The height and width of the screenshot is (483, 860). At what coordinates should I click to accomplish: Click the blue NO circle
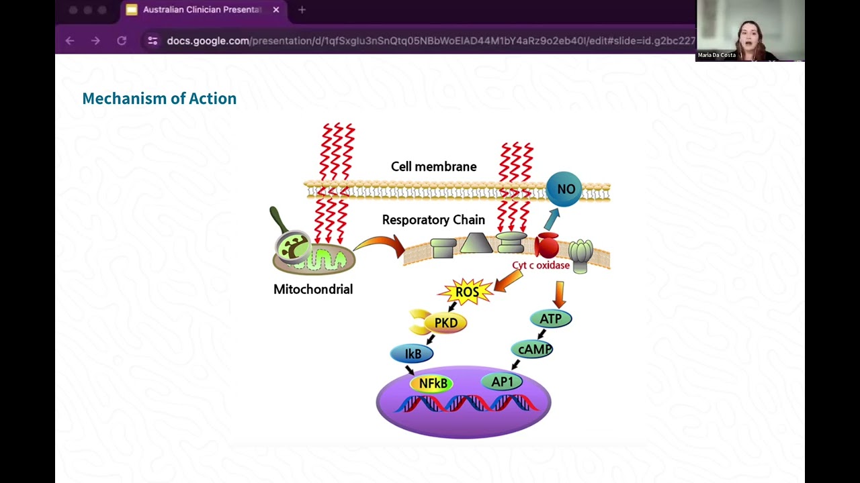[564, 189]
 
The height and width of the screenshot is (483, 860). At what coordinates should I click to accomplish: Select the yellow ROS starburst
[466, 292]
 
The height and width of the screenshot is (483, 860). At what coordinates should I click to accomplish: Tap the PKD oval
[445, 323]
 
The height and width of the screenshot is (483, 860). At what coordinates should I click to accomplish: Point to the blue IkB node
[412, 354]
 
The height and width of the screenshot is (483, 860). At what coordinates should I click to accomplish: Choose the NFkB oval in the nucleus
[432, 383]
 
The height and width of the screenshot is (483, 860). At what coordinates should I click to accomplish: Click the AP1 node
[502, 382]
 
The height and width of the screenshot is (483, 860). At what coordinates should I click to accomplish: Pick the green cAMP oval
[532, 350]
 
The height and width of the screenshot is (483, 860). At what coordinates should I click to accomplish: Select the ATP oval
[550, 319]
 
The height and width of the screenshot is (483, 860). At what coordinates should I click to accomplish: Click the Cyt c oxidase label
[541, 265]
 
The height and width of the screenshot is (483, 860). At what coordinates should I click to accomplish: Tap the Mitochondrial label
[313, 289]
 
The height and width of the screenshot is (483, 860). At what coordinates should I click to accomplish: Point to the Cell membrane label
[433, 166]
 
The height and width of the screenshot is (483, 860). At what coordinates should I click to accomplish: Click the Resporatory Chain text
[433, 219]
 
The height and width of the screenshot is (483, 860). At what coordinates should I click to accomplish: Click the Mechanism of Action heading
[159, 99]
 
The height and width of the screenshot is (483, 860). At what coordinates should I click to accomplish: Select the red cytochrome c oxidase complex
[546, 246]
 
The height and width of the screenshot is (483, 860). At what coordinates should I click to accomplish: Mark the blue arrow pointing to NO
[552, 219]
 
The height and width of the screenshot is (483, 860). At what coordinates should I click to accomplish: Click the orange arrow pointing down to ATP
[560, 294]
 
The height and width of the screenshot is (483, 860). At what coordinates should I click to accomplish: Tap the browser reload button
[122, 41]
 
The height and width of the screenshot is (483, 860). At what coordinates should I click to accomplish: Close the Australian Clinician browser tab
[276, 10]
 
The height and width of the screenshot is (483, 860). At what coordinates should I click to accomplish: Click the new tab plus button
[302, 10]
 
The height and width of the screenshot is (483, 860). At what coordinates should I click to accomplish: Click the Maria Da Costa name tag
[716, 55]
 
